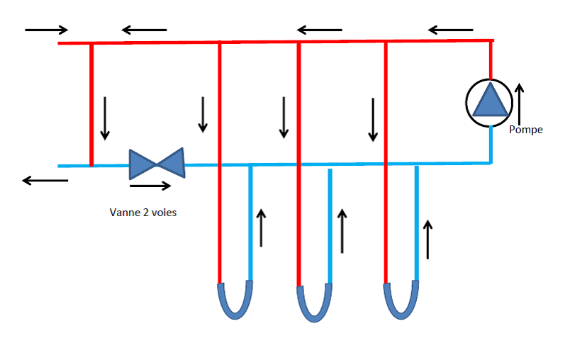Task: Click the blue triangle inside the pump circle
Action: [491, 101]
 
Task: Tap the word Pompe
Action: [526, 130]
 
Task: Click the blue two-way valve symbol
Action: [156, 163]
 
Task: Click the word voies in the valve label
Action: [163, 212]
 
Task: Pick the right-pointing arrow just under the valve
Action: [150, 186]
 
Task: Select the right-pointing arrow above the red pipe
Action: [46, 30]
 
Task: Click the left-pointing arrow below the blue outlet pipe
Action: [45, 181]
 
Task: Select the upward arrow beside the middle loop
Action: [343, 230]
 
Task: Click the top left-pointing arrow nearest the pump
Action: [451, 30]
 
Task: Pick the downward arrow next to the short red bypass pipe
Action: [106, 118]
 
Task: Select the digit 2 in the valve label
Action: [142, 212]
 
